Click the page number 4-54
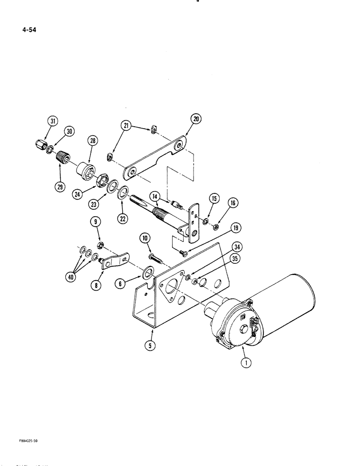[28, 31]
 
